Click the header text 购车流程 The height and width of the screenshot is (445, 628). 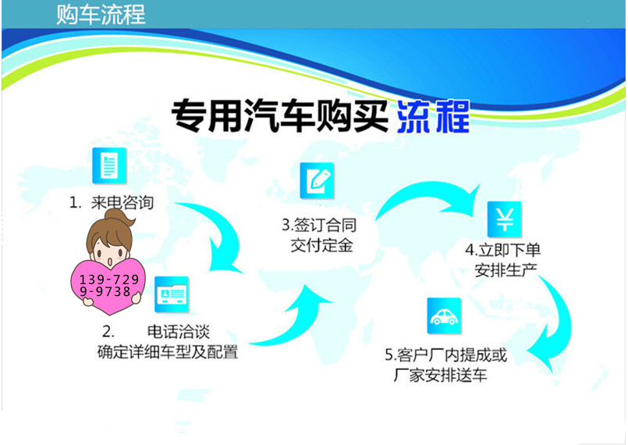pos(101,15)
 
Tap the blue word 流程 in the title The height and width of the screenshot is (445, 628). pos(433,116)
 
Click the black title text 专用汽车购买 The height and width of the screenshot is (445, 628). pos(279,116)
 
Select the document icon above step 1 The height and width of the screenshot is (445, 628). pos(109,166)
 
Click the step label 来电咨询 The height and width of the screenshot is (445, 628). pos(122,202)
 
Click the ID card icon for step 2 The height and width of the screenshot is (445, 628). pos(172,294)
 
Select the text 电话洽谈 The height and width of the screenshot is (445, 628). pos(179,332)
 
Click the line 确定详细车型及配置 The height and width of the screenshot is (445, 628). pos(168,352)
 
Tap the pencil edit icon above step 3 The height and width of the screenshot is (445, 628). pos(318,181)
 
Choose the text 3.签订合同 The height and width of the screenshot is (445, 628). pos(319,225)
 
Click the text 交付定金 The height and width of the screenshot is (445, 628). pos(321,245)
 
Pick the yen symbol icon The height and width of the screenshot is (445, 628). pos(505,219)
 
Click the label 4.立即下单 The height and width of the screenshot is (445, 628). pos(503,250)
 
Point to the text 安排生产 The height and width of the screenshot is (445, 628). pos(506,270)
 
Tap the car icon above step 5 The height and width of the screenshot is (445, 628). pos(445,316)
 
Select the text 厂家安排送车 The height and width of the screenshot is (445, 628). pos(440,376)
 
